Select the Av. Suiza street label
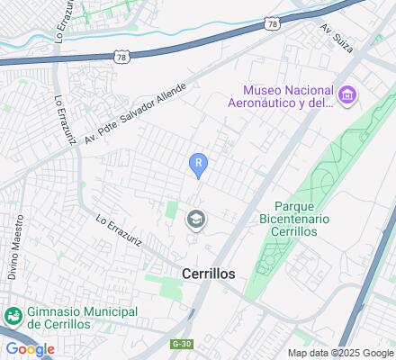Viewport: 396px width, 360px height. point(333,39)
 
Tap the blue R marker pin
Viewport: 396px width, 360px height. point(199,164)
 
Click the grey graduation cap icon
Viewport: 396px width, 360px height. point(195,219)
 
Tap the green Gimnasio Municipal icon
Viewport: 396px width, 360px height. point(13,316)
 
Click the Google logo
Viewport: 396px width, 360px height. point(29,349)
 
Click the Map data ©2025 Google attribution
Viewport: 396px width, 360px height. point(339,352)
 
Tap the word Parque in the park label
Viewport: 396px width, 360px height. point(291,205)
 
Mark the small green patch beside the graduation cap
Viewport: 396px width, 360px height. point(171,211)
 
